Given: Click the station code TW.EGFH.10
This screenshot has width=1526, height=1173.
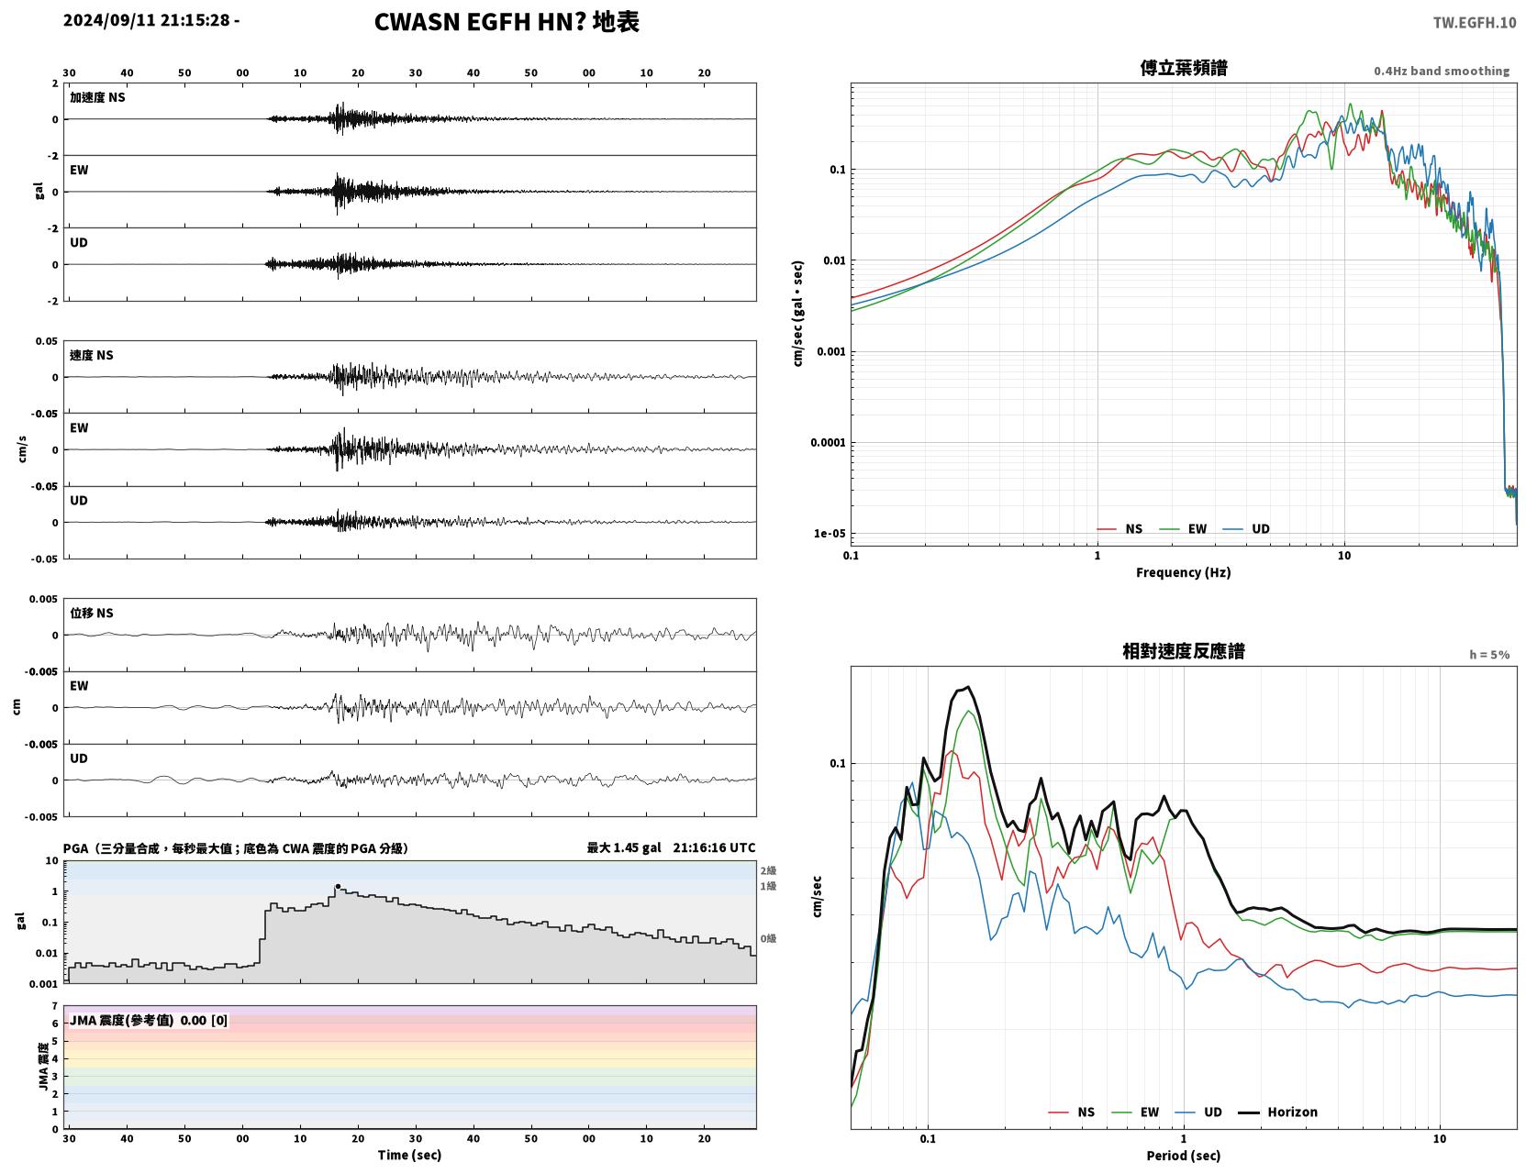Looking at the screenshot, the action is click(1474, 22).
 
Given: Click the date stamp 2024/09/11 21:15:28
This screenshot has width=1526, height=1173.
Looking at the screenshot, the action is click(146, 20).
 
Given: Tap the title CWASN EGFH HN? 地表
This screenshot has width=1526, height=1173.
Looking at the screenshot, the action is click(507, 22).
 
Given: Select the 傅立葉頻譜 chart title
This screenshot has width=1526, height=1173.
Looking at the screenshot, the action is click(1183, 68).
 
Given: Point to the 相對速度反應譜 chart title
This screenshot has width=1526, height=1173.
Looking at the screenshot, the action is click(1183, 651).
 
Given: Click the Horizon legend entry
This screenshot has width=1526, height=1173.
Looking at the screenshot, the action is click(1277, 1112).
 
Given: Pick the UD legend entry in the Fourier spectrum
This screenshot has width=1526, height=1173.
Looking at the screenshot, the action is click(1246, 529).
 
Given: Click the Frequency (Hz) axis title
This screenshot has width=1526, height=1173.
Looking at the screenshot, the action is click(1183, 572).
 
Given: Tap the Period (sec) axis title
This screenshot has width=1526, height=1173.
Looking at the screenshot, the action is click(1183, 1156).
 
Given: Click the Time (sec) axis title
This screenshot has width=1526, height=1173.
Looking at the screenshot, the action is click(409, 1155).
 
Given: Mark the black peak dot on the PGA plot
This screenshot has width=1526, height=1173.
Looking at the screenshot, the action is click(338, 887).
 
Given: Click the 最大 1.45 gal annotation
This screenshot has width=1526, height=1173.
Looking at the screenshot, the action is click(624, 847).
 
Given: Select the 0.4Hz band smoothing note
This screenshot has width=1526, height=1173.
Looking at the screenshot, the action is click(1441, 71).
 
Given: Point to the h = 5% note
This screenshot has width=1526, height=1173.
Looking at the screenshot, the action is click(1488, 655).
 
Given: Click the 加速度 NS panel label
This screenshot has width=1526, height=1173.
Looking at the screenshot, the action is click(97, 97).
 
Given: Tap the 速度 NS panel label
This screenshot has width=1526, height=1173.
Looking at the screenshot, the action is click(91, 355).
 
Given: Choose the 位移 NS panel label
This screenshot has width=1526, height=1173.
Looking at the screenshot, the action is click(91, 613).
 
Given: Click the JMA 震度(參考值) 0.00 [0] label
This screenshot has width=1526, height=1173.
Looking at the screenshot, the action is click(148, 1020).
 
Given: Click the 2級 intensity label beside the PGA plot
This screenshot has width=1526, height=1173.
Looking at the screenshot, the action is click(768, 870).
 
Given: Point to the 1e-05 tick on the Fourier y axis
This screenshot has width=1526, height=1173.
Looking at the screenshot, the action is click(830, 533).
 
